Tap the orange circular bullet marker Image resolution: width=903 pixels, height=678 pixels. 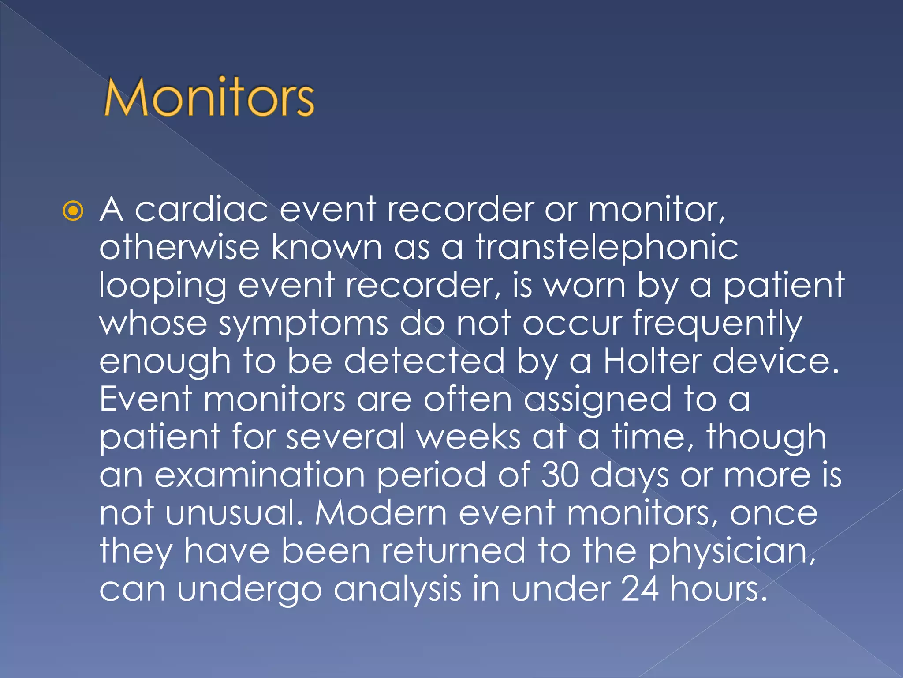[x=73, y=211]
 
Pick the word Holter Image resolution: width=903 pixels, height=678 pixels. [x=652, y=361]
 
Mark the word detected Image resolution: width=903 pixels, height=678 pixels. [x=424, y=361]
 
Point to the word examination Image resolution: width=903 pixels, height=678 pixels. [x=260, y=475]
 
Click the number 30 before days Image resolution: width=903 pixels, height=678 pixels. [x=560, y=475]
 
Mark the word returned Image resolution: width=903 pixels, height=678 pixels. [x=454, y=551]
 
